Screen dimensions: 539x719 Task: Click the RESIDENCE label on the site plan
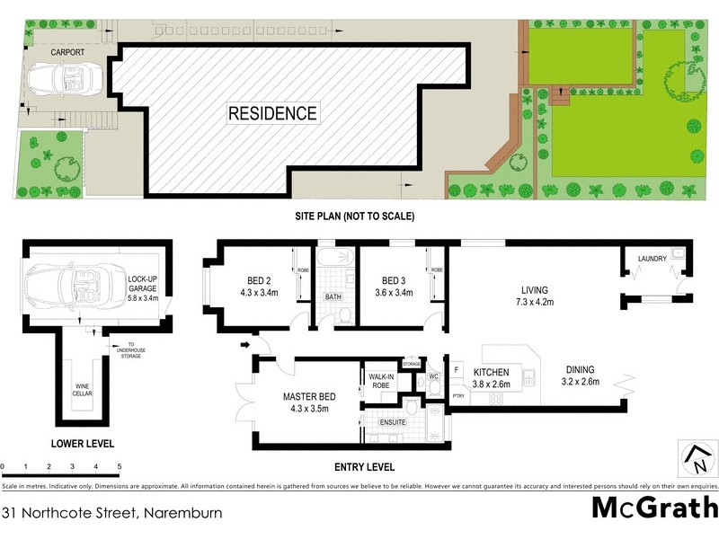[x=271, y=114]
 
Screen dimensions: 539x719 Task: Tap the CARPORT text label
[x=67, y=52]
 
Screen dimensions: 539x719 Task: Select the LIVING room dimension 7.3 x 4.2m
[x=534, y=303]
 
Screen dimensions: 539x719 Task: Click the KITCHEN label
[x=493, y=371]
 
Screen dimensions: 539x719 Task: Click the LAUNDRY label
[x=652, y=259]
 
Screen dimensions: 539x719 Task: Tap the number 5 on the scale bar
[x=120, y=467]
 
